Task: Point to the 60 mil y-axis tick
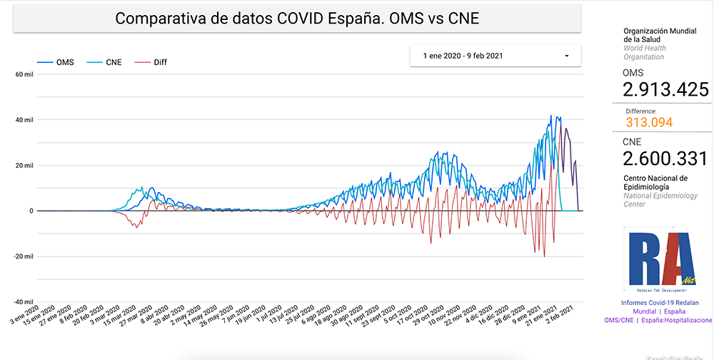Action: click(24, 74)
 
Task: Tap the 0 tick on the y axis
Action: click(31, 211)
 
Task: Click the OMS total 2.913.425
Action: click(665, 89)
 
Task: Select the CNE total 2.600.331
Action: click(665, 158)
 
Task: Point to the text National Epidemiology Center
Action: click(660, 200)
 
